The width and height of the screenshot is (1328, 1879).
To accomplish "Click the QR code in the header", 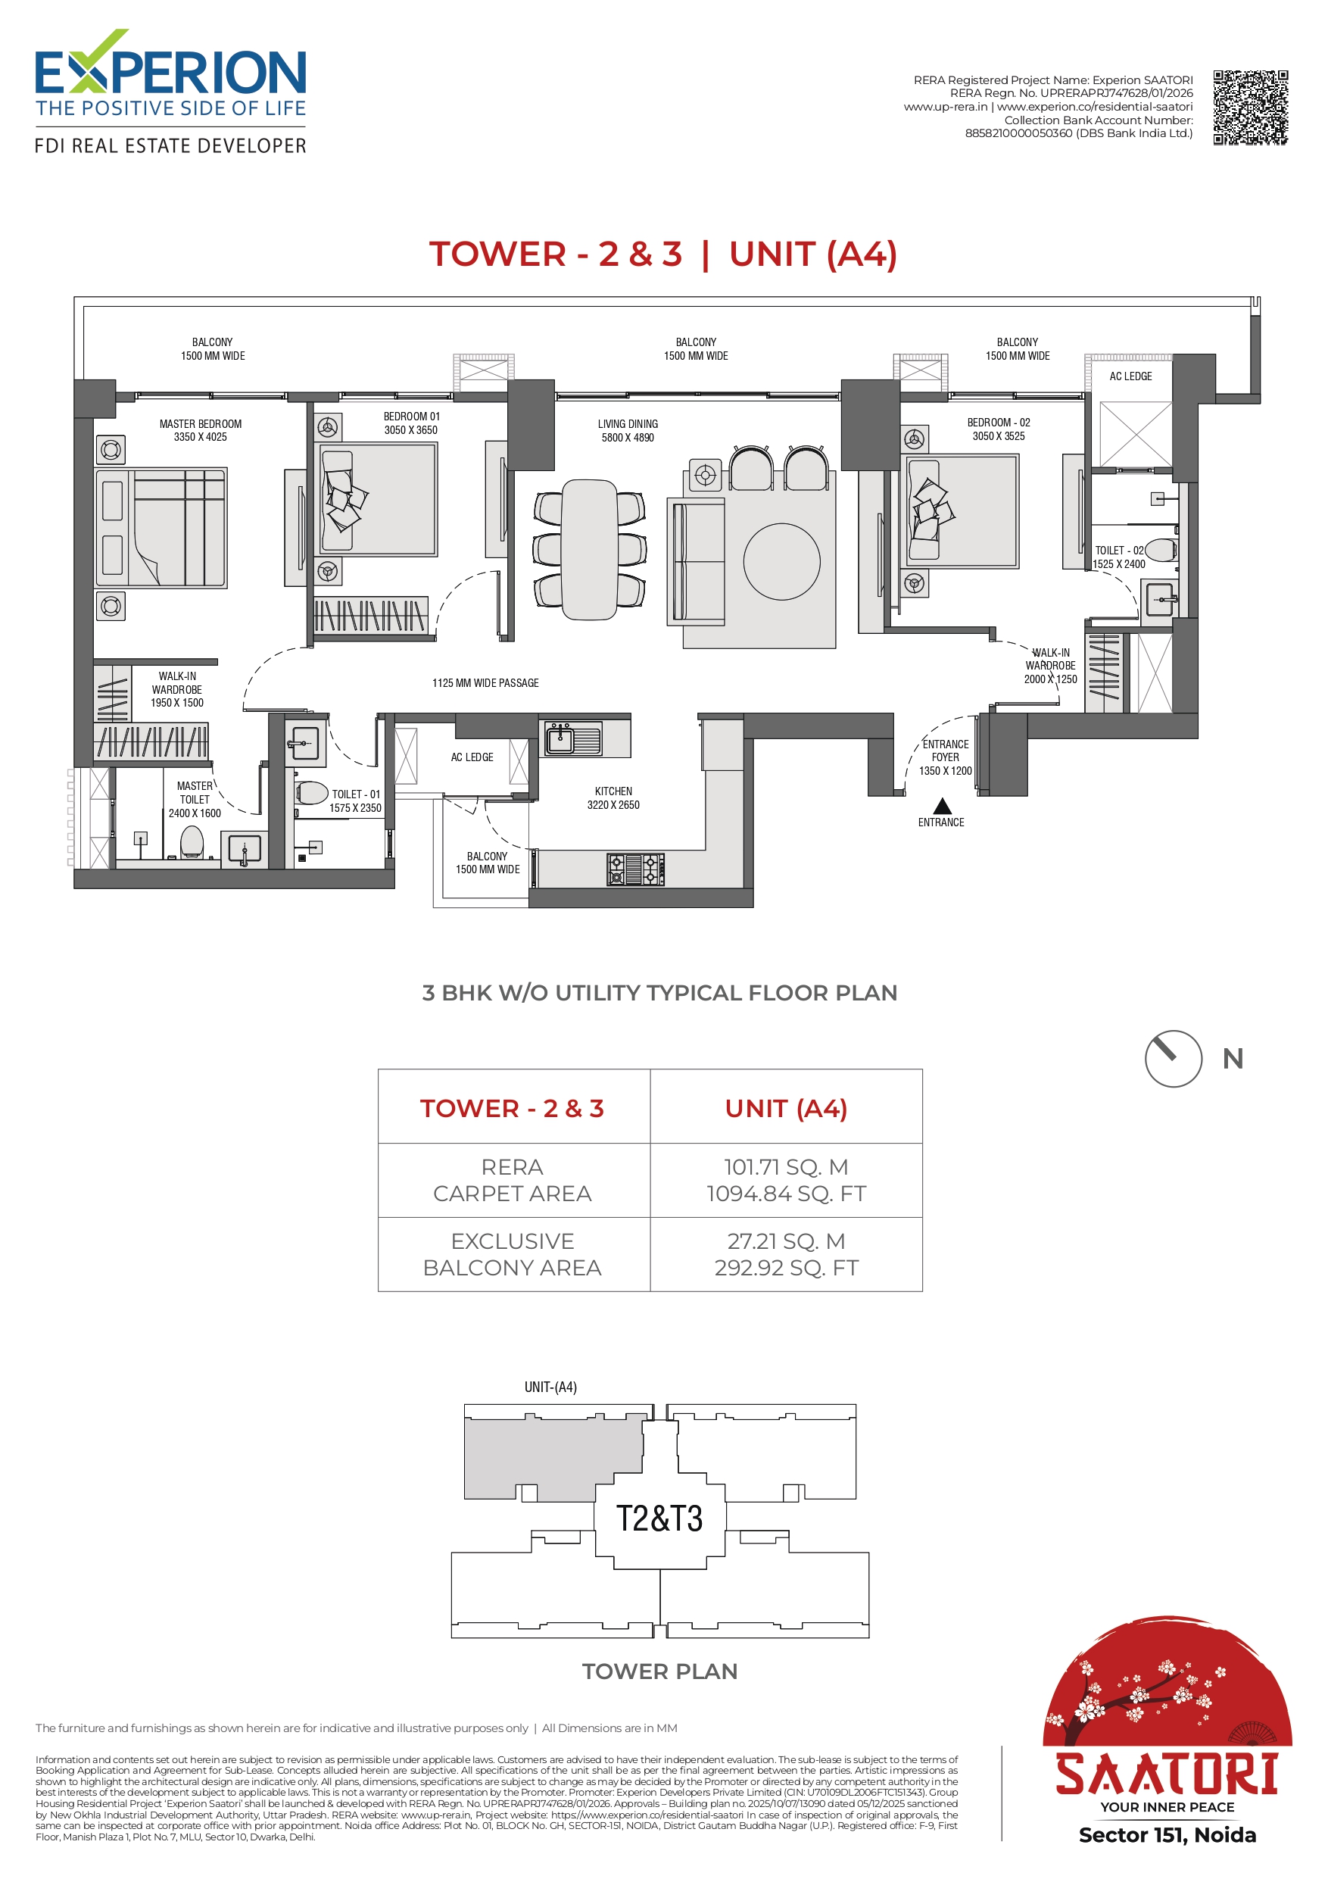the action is (1250, 108).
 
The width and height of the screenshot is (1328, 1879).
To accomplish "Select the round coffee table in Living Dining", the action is (781, 561).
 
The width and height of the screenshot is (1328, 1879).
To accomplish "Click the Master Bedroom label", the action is (201, 430).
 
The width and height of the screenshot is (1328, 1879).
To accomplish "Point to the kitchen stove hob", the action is (635, 869).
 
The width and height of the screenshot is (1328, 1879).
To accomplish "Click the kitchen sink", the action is (574, 738).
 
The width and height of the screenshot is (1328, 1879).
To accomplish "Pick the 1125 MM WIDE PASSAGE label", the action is (485, 682).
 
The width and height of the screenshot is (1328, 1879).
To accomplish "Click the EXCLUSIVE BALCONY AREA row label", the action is (513, 1253).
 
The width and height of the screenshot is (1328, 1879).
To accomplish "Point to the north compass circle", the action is (1174, 1058).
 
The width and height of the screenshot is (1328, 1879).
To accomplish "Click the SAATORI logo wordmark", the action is (1167, 1774).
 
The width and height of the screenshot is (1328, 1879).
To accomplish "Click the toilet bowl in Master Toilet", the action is (192, 841).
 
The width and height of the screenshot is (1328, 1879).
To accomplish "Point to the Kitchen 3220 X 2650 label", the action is (614, 798).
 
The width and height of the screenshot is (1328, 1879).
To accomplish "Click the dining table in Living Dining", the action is (589, 549).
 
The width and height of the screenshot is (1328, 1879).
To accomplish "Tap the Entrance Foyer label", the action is (945, 757).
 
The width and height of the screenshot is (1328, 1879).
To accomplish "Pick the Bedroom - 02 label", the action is (998, 429).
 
